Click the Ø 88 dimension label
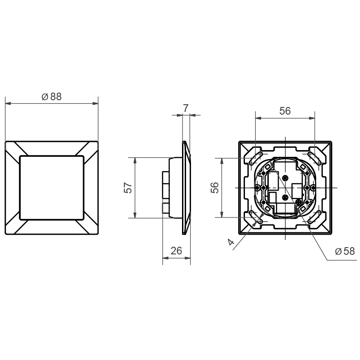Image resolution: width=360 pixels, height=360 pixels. (x=52, y=97)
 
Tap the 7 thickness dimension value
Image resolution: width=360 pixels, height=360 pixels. (x=186, y=108)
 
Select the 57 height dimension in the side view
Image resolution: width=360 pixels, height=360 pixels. (x=128, y=187)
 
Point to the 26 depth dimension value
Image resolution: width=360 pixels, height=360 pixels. (x=176, y=251)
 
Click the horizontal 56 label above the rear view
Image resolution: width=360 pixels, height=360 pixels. (x=285, y=111)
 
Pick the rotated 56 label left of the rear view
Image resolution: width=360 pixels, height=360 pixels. (x=215, y=187)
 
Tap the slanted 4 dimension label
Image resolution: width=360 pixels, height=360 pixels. (x=231, y=241)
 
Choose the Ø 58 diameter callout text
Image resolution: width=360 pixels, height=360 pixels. (x=345, y=251)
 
